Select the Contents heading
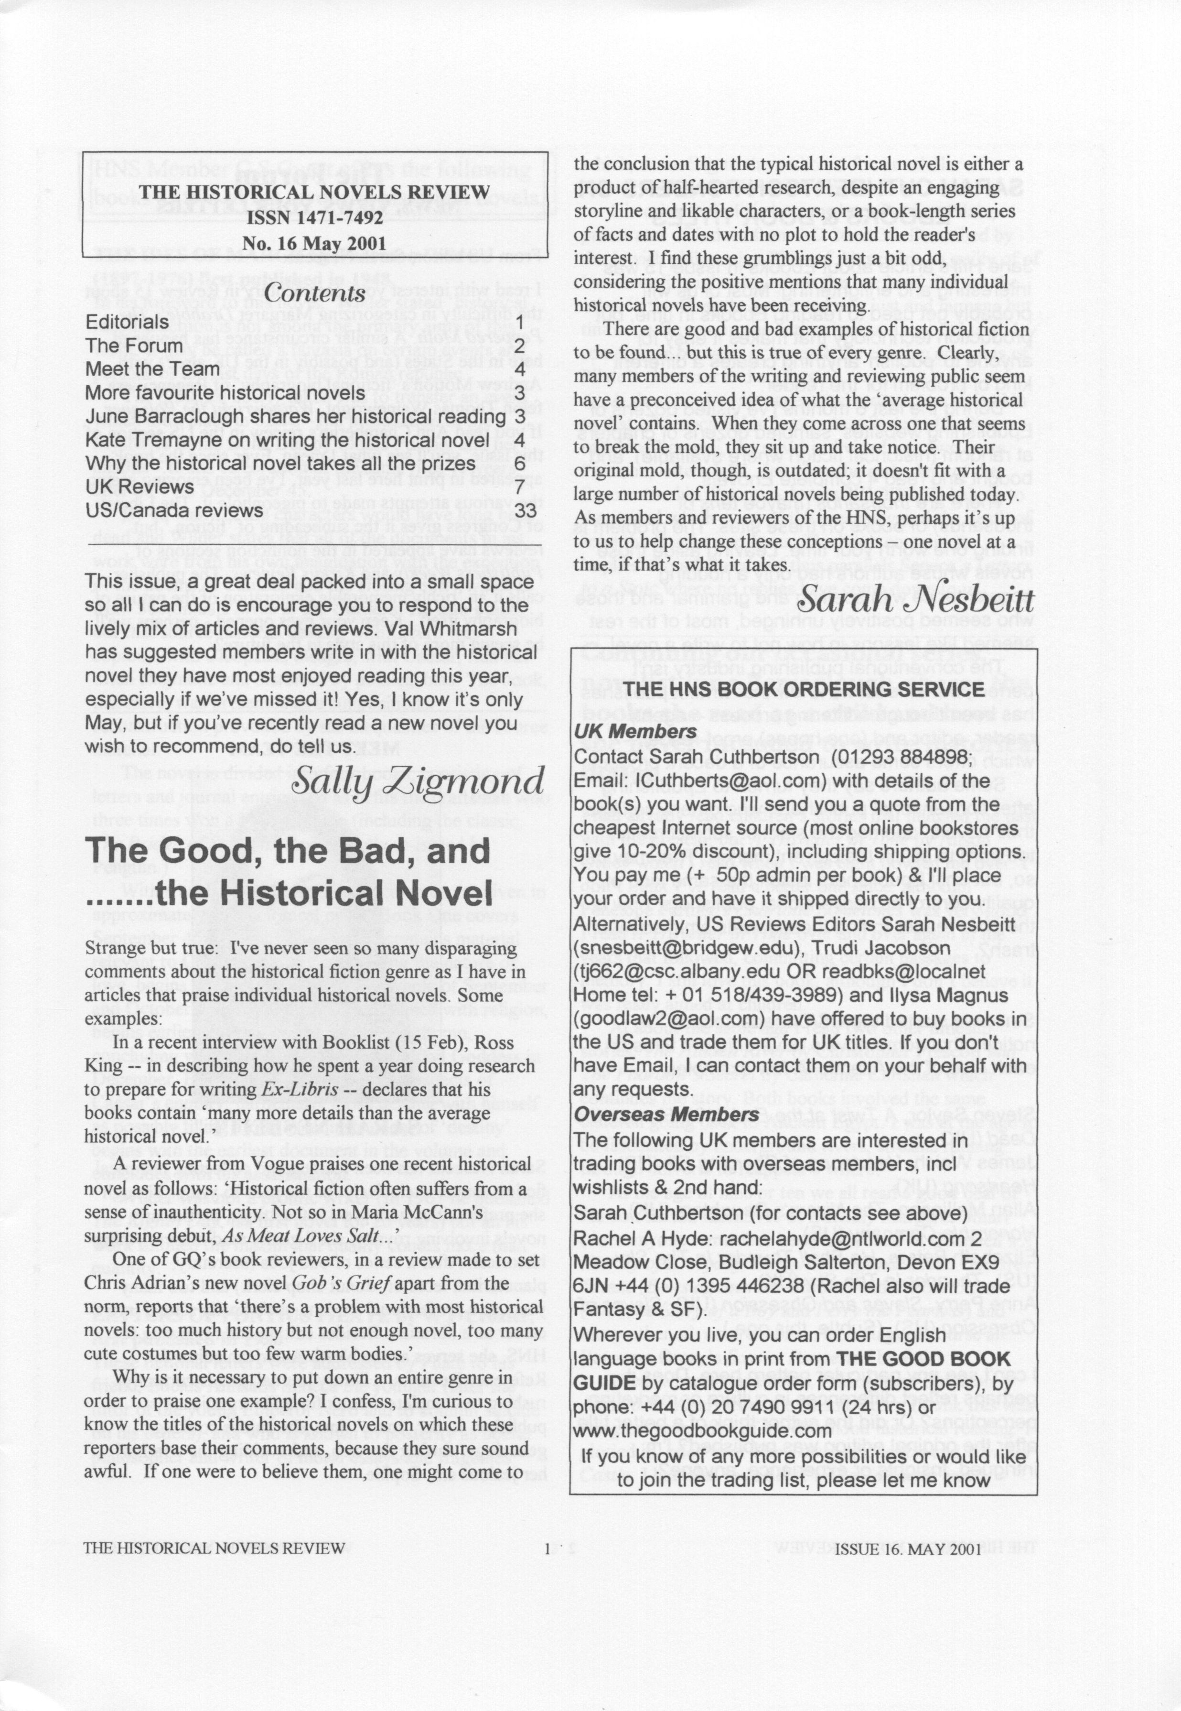click(x=314, y=293)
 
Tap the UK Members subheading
click(x=635, y=731)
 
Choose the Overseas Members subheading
click(x=666, y=1115)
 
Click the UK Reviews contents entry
click(x=140, y=487)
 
